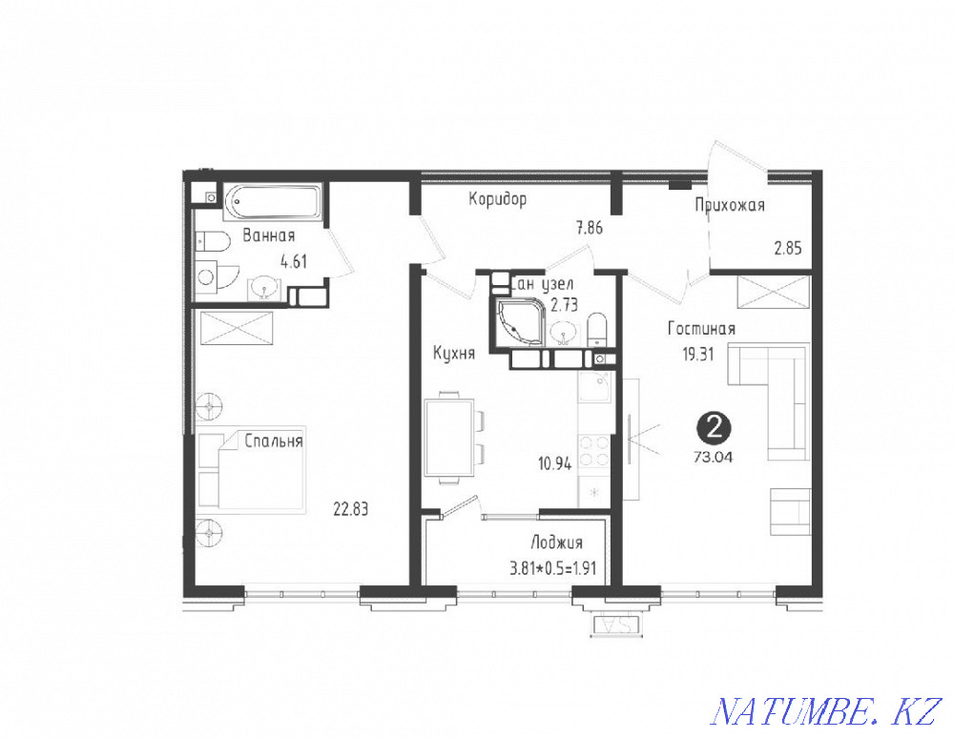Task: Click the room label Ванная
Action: pyautogui.click(x=268, y=236)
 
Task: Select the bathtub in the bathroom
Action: pyautogui.click(x=274, y=202)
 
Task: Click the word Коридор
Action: pyautogui.click(x=497, y=199)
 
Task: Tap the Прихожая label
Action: pyautogui.click(x=730, y=204)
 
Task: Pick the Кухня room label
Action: pyautogui.click(x=453, y=353)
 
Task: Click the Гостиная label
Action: pyautogui.click(x=701, y=329)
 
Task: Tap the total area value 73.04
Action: pyautogui.click(x=714, y=455)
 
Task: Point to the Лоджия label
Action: pyautogui.click(x=556, y=543)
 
